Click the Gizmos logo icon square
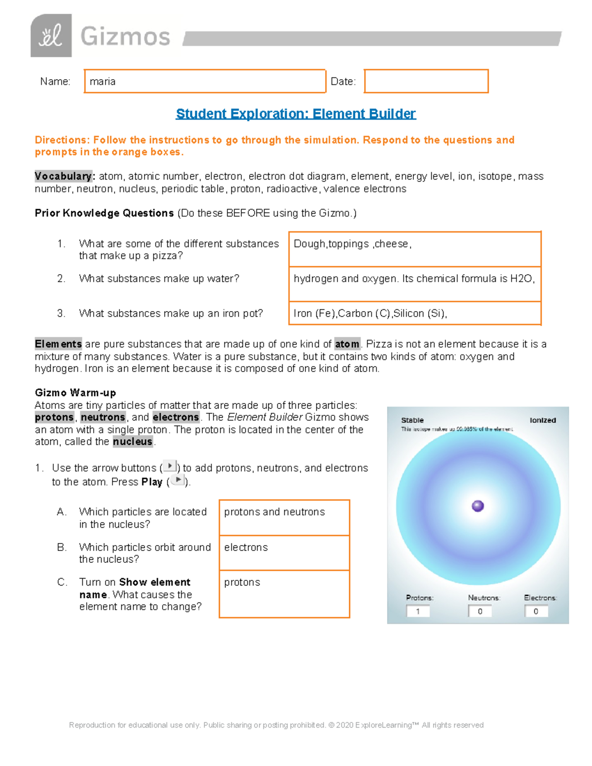click(51, 36)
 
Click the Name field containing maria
click(205, 81)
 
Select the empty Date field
click(426, 81)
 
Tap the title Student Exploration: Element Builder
click(296, 114)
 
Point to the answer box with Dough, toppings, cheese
click(414, 249)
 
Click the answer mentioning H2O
click(414, 284)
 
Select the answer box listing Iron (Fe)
click(414, 313)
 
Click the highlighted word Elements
click(58, 344)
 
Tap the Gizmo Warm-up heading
click(75, 393)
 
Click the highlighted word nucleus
click(132, 442)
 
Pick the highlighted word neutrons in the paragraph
click(103, 417)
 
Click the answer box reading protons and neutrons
click(284, 517)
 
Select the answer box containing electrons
click(284, 552)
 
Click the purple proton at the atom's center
click(478, 506)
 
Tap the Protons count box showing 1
click(418, 612)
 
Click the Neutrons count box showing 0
click(480, 612)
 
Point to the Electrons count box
click(536, 612)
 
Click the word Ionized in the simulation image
click(543, 420)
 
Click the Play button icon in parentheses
click(178, 480)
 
